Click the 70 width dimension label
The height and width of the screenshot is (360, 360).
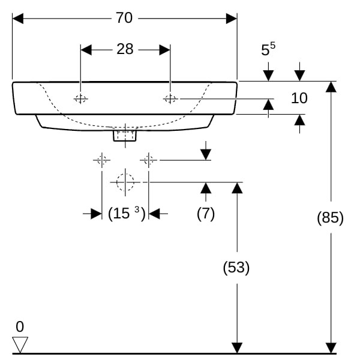click(x=124, y=18)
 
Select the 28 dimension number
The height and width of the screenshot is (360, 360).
click(x=125, y=49)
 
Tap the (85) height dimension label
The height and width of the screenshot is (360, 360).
click(x=330, y=217)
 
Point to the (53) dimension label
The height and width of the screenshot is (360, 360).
click(x=236, y=268)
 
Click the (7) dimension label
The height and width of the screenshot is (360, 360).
click(x=206, y=213)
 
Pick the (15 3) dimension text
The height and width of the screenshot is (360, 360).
click(x=127, y=213)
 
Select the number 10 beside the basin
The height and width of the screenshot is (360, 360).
click(x=299, y=98)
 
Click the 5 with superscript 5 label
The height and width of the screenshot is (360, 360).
click(x=268, y=49)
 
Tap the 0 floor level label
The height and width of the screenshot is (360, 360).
click(x=20, y=326)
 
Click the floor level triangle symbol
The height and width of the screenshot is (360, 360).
click(x=20, y=345)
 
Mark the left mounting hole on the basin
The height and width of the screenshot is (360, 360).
click(x=80, y=99)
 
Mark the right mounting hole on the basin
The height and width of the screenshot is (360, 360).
click(x=170, y=99)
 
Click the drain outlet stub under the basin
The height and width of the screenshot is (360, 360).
click(x=125, y=136)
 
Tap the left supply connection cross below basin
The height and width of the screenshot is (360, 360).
click(x=102, y=160)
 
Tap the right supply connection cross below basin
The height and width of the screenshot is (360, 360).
click(x=149, y=160)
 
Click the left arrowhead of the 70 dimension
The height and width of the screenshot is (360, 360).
click(x=18, y=19)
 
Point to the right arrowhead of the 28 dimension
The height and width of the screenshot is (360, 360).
click(x=165, y=50)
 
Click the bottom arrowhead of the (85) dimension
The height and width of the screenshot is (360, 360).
click(x=331, y=348)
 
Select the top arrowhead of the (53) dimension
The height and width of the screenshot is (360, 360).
click(x=237, y=188)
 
